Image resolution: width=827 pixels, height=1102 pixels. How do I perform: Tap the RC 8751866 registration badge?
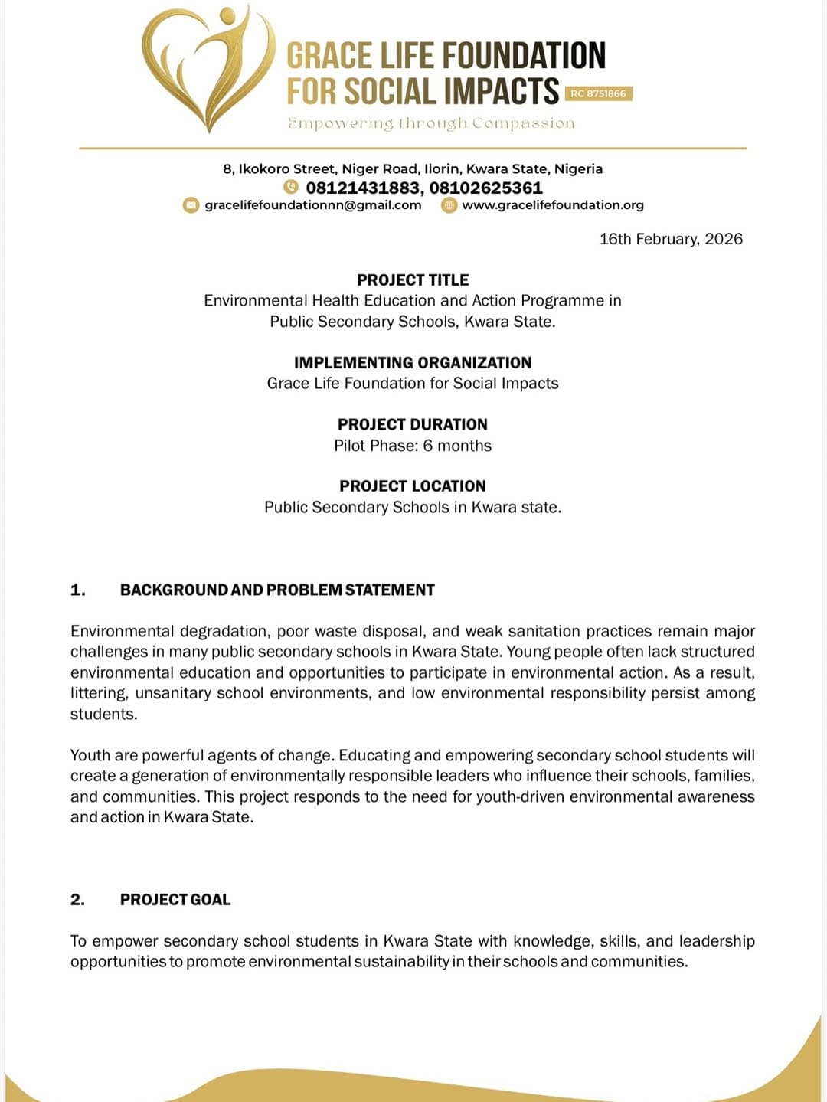coord(598,93)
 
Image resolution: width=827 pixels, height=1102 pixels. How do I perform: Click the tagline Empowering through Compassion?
coord(430,123)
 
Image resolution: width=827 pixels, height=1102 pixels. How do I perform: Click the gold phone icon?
coord(291,187)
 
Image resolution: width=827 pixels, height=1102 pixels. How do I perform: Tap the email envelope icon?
coord(191,205)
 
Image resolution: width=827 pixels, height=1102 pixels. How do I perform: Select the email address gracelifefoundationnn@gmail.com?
coord(313,204)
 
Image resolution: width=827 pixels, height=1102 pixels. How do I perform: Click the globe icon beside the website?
coord(449,205)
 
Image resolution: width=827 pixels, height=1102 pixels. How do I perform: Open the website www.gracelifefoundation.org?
coord(552,204)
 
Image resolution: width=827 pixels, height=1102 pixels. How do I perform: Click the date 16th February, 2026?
coord(671,239)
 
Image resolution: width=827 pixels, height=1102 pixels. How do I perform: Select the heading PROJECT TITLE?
coord(413,280)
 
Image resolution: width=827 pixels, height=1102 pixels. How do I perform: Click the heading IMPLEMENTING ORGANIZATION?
coord(413,363)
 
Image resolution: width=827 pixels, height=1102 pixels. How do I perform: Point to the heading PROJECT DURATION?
coord(413,424)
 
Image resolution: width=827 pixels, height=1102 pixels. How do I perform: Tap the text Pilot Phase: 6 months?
coord(413,446)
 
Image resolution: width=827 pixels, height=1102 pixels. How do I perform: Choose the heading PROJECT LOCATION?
coord(413,486)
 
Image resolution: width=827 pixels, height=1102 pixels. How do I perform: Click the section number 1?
coord(77,590)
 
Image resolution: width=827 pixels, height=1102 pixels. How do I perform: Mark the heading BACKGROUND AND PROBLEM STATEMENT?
coord(277,590)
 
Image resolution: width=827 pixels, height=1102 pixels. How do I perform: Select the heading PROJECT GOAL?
coord(175,900)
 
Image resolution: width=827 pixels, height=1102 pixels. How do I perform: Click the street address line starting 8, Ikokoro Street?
coord(413,168)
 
